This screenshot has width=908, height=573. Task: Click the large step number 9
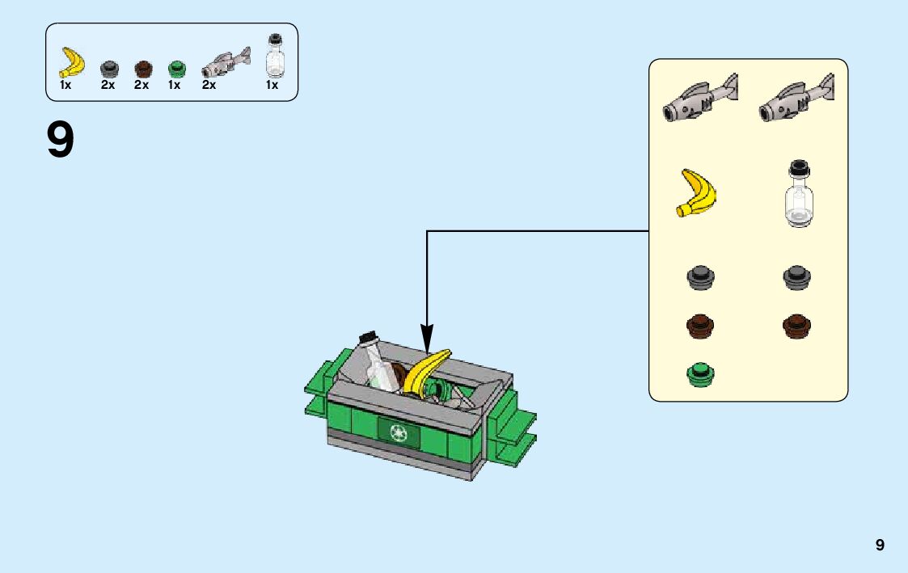61,140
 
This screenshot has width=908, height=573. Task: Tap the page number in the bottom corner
880,546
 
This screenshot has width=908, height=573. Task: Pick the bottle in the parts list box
275,57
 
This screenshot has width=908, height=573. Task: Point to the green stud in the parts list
175,69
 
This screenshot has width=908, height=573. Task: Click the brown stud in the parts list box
142,69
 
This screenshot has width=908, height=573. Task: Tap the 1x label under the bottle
272,85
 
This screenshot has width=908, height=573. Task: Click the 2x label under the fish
209,85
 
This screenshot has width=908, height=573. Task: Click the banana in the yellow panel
697,193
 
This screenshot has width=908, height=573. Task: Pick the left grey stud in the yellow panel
700,277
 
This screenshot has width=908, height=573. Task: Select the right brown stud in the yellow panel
796,325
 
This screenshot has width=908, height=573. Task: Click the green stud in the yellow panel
700,373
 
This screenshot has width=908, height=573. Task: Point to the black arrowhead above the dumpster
427,338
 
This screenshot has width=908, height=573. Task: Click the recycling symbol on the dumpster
399,432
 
